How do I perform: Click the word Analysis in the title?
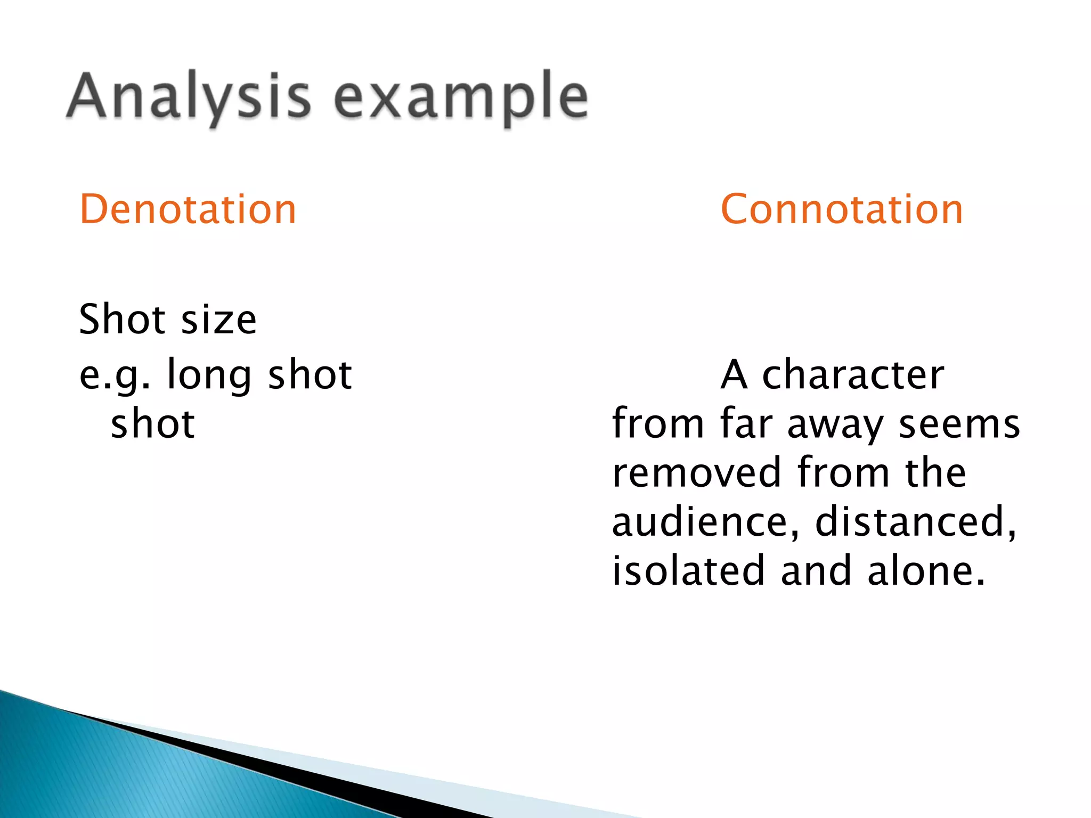click(189, 97)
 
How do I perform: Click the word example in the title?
click(461, 97)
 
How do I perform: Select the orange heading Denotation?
click(188, 209)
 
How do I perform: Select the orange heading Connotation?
click(842, 209)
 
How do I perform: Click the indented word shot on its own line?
click(153, 424)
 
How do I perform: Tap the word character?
click(853, 375)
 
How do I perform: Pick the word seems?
click(959, 424)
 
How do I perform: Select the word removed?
click(697, 473)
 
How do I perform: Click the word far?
click(746, 424)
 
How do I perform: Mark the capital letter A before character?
click(734, 375)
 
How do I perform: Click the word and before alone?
click(816, 571)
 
